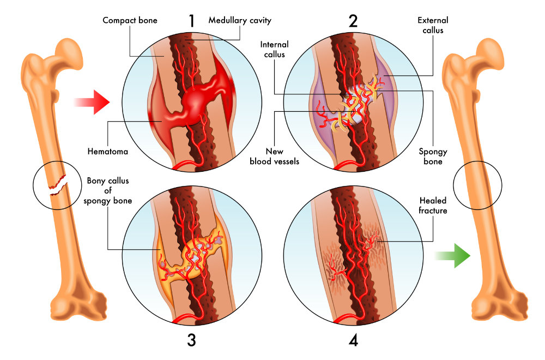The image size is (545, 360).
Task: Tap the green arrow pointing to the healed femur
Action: tap(452, 255)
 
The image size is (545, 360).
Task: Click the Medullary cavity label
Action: tap(240, 21)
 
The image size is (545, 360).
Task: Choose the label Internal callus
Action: tap(274, 50)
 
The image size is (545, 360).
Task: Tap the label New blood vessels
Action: tap(275, 157)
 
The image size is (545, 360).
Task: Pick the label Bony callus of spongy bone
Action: tap(107, 190)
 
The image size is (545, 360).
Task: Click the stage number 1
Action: tap(191, 21)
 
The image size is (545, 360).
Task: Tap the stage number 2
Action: tap(353, 21)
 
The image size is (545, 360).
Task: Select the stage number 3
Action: tap(191, 340)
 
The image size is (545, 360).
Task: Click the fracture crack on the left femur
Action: tap(57, 184)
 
